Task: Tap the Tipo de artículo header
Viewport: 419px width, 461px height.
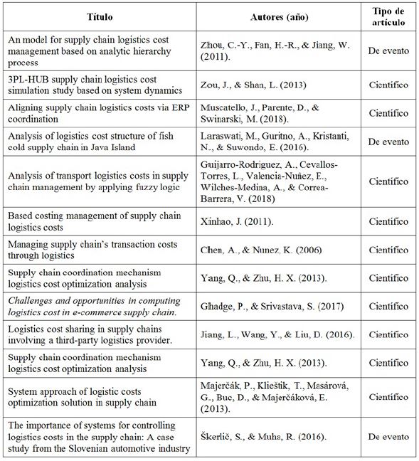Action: click(x=389, y=15)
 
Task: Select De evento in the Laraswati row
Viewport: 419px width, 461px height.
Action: click(x=389, y=142)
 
